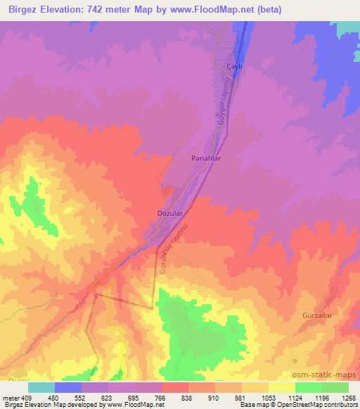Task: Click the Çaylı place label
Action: coord(233,65)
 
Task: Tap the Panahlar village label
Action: coord(207,159)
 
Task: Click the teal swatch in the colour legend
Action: coord(41,387)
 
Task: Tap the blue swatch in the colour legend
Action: coord(68,387)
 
